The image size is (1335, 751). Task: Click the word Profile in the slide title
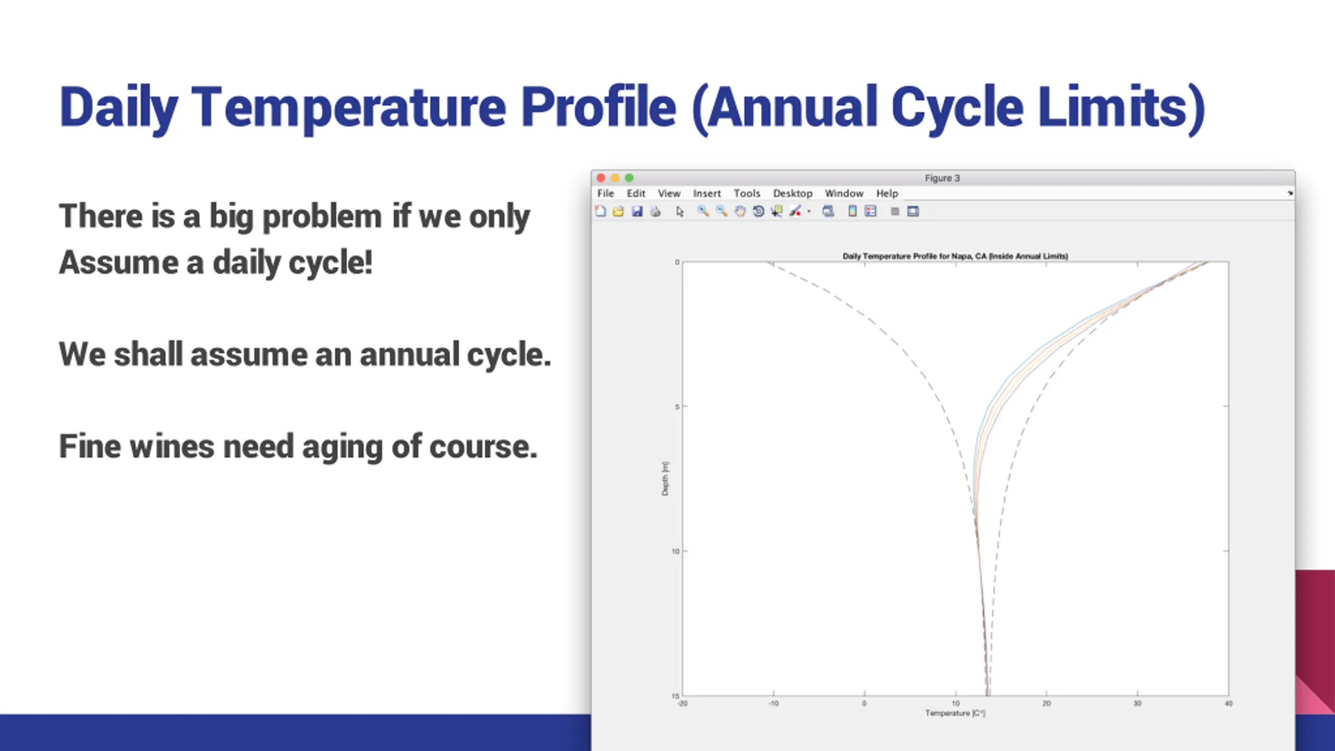click(599, 107)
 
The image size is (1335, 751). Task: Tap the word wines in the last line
click(172, 446)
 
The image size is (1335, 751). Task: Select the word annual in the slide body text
click(408, 355)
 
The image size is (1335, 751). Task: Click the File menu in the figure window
click(605, 193)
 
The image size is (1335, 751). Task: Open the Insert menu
click(707, 193)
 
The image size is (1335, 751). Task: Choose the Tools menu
click(747, 193)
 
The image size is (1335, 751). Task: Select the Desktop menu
click(793, 193)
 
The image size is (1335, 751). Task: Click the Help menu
click(887, 193)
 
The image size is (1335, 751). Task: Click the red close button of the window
click(601, 178)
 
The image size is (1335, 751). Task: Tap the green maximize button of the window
click(629, 178)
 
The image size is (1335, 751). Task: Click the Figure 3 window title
click(942, 178)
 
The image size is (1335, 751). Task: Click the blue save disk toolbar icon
click(637, 211)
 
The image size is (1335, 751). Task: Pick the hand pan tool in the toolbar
click(740, 211)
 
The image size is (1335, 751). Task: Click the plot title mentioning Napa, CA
click(955, 256)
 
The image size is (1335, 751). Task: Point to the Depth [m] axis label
click(665, 479)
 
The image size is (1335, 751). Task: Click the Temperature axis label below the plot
click(955, 713)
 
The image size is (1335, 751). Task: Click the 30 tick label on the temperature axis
click(1137, 704)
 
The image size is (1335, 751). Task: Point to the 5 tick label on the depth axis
click(677, 407)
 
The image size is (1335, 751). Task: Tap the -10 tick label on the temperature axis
click(773, 704)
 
